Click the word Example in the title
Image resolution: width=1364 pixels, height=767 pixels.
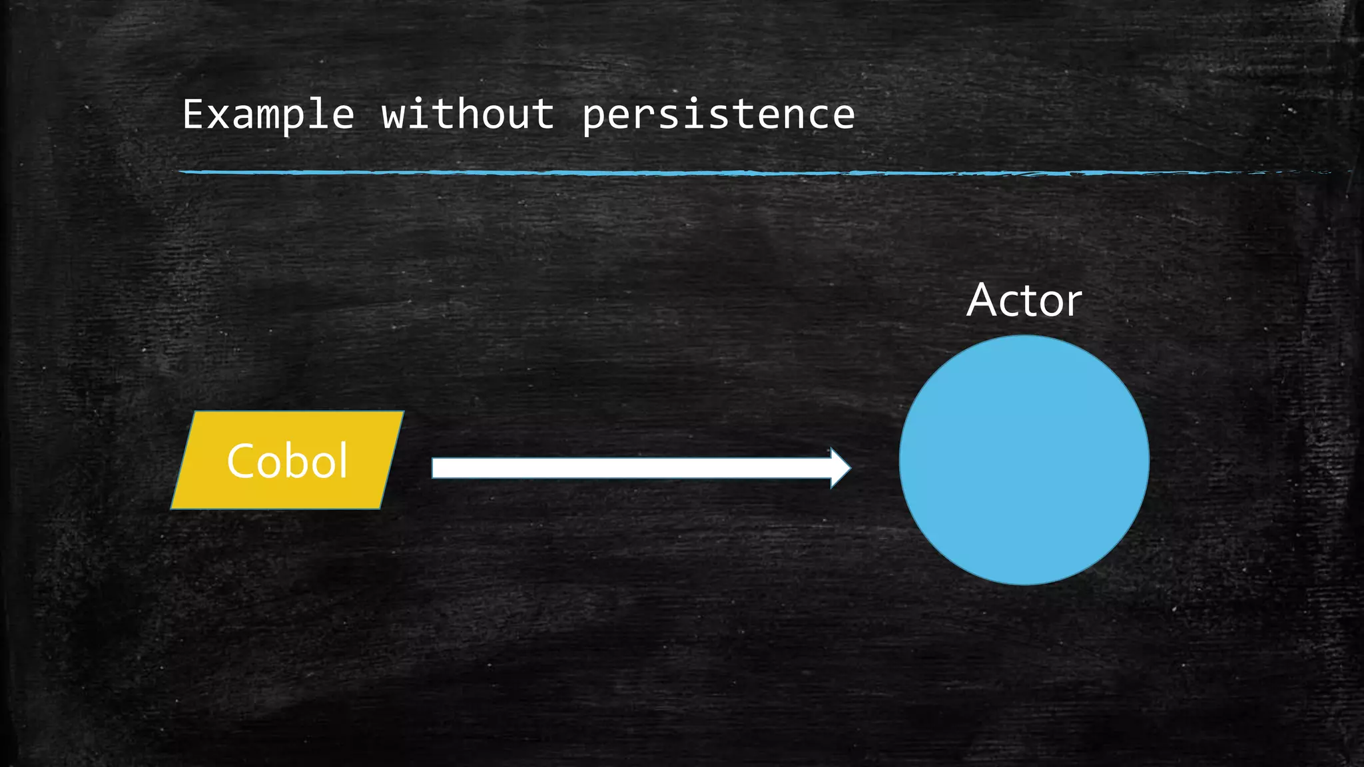[x=268, y=115]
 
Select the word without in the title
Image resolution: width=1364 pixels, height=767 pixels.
[x=468, y=114]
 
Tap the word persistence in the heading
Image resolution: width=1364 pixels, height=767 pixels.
[x=718, y=115]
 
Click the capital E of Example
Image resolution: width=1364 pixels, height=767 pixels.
[x=193, y=114]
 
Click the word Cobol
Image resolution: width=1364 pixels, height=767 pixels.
[x=287, y=461]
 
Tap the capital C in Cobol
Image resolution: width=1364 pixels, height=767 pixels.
[x=241, y=461]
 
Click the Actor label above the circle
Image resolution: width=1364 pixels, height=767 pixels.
[x=1024, y=300]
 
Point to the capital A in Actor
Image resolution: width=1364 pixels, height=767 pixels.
[x=984, y=300]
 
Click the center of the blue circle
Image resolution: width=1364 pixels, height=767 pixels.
[x=1024, y=460]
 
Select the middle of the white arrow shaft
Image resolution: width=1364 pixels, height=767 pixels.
[x=633, y=468]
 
